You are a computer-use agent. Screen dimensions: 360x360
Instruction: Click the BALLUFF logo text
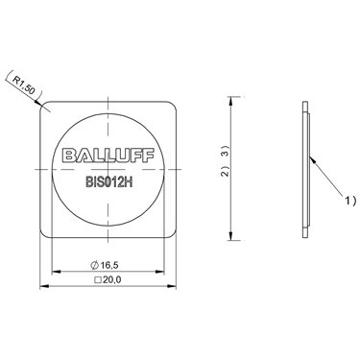[108, 156]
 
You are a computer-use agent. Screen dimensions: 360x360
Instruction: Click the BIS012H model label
[108, 182]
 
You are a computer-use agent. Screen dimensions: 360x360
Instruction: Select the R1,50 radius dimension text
[23, 84]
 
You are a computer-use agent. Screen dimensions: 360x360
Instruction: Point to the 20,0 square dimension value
[112, 280]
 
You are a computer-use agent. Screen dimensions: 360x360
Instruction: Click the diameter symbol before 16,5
[95, 265]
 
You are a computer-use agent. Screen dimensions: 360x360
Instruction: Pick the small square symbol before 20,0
[99, 280]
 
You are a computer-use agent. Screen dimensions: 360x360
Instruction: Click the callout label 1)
[349, 201]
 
